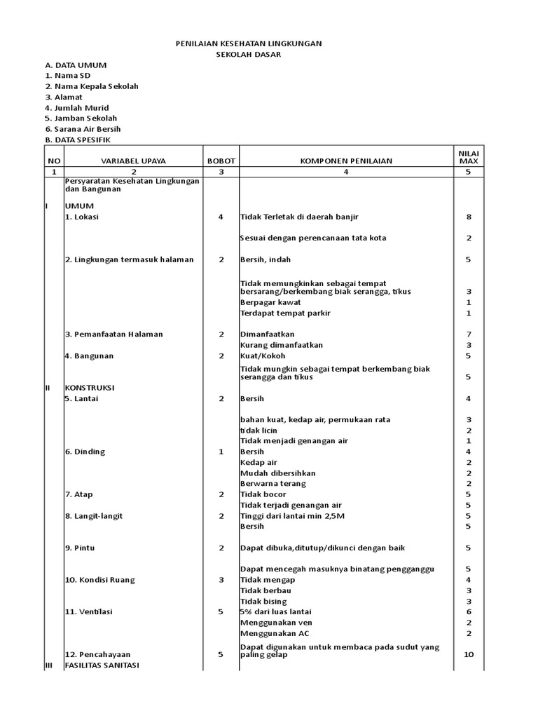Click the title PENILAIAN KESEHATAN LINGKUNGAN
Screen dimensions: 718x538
[x=248, y=43]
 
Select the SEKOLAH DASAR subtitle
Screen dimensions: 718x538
[x=248, y=54]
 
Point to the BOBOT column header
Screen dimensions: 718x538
[x=221, y=161]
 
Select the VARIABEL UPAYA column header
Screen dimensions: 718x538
[x=133, y=161]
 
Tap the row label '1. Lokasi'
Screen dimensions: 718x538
[x=82, y=217]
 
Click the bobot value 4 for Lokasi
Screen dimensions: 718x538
[x=221, y=217]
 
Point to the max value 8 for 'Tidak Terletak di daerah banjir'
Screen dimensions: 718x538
[x=469, y=217]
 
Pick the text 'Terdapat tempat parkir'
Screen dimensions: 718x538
[x=285, y=313]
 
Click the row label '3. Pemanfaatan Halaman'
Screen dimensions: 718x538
[x=113, y=334]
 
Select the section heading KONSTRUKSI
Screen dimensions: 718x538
[x=90, y=387]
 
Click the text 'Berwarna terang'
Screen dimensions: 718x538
[x=273, y=484]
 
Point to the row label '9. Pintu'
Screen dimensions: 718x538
[x=80, y=548]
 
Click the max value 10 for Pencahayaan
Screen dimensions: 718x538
[x=469, y=654]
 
